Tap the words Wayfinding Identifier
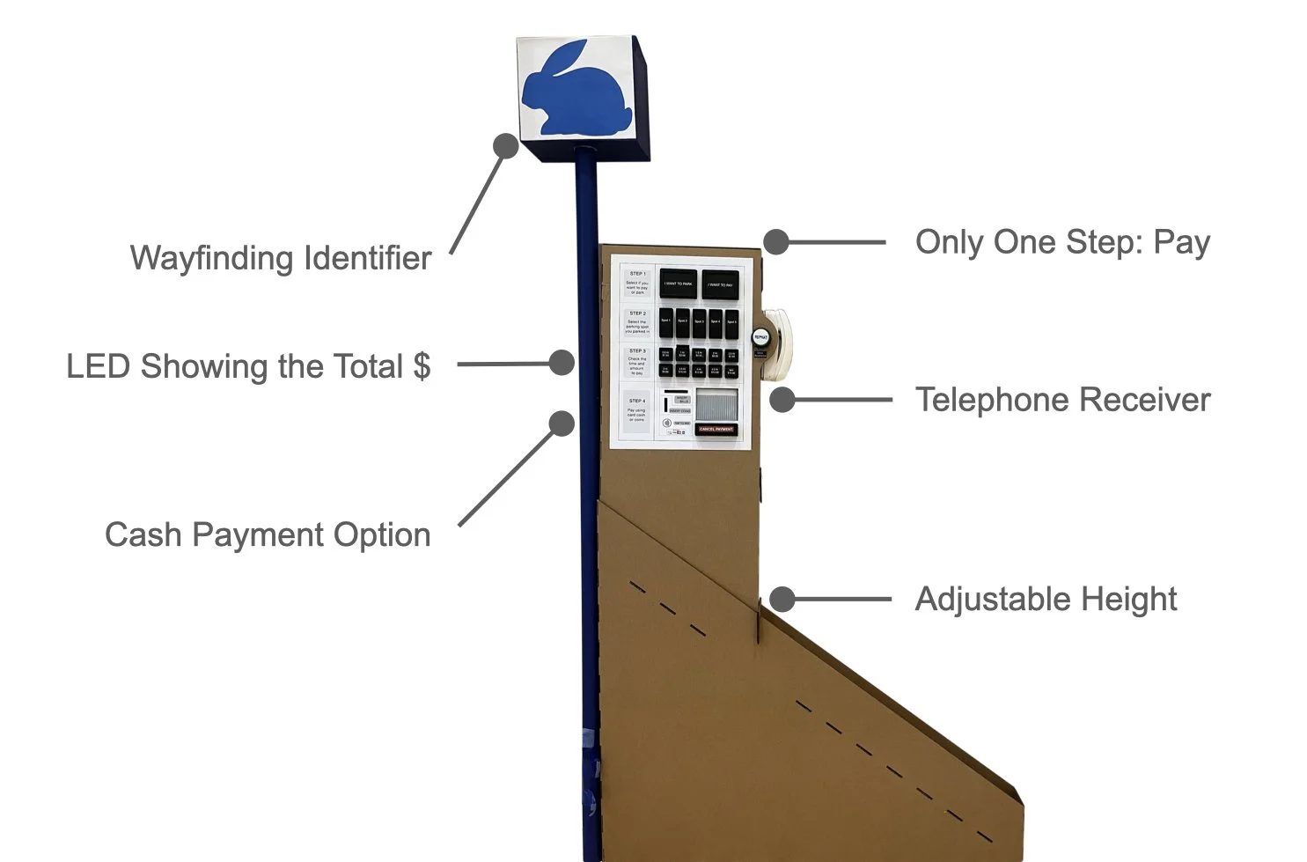tap(281, 258)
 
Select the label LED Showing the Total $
tap(248, 366)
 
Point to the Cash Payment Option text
tap(268, 535)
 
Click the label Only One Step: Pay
tap(1062, 242)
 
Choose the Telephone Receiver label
tap(1062, 400)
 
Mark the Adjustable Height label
tap(1046, 600)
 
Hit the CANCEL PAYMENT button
tap(716, 429)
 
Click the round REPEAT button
tap(760, 336)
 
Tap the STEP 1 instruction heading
tap(637, 274)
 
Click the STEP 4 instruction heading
tap(636, 402)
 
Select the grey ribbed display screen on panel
tap(717, 406)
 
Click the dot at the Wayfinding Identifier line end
tap(505, 146)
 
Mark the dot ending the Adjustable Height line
tap(782, 600)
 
